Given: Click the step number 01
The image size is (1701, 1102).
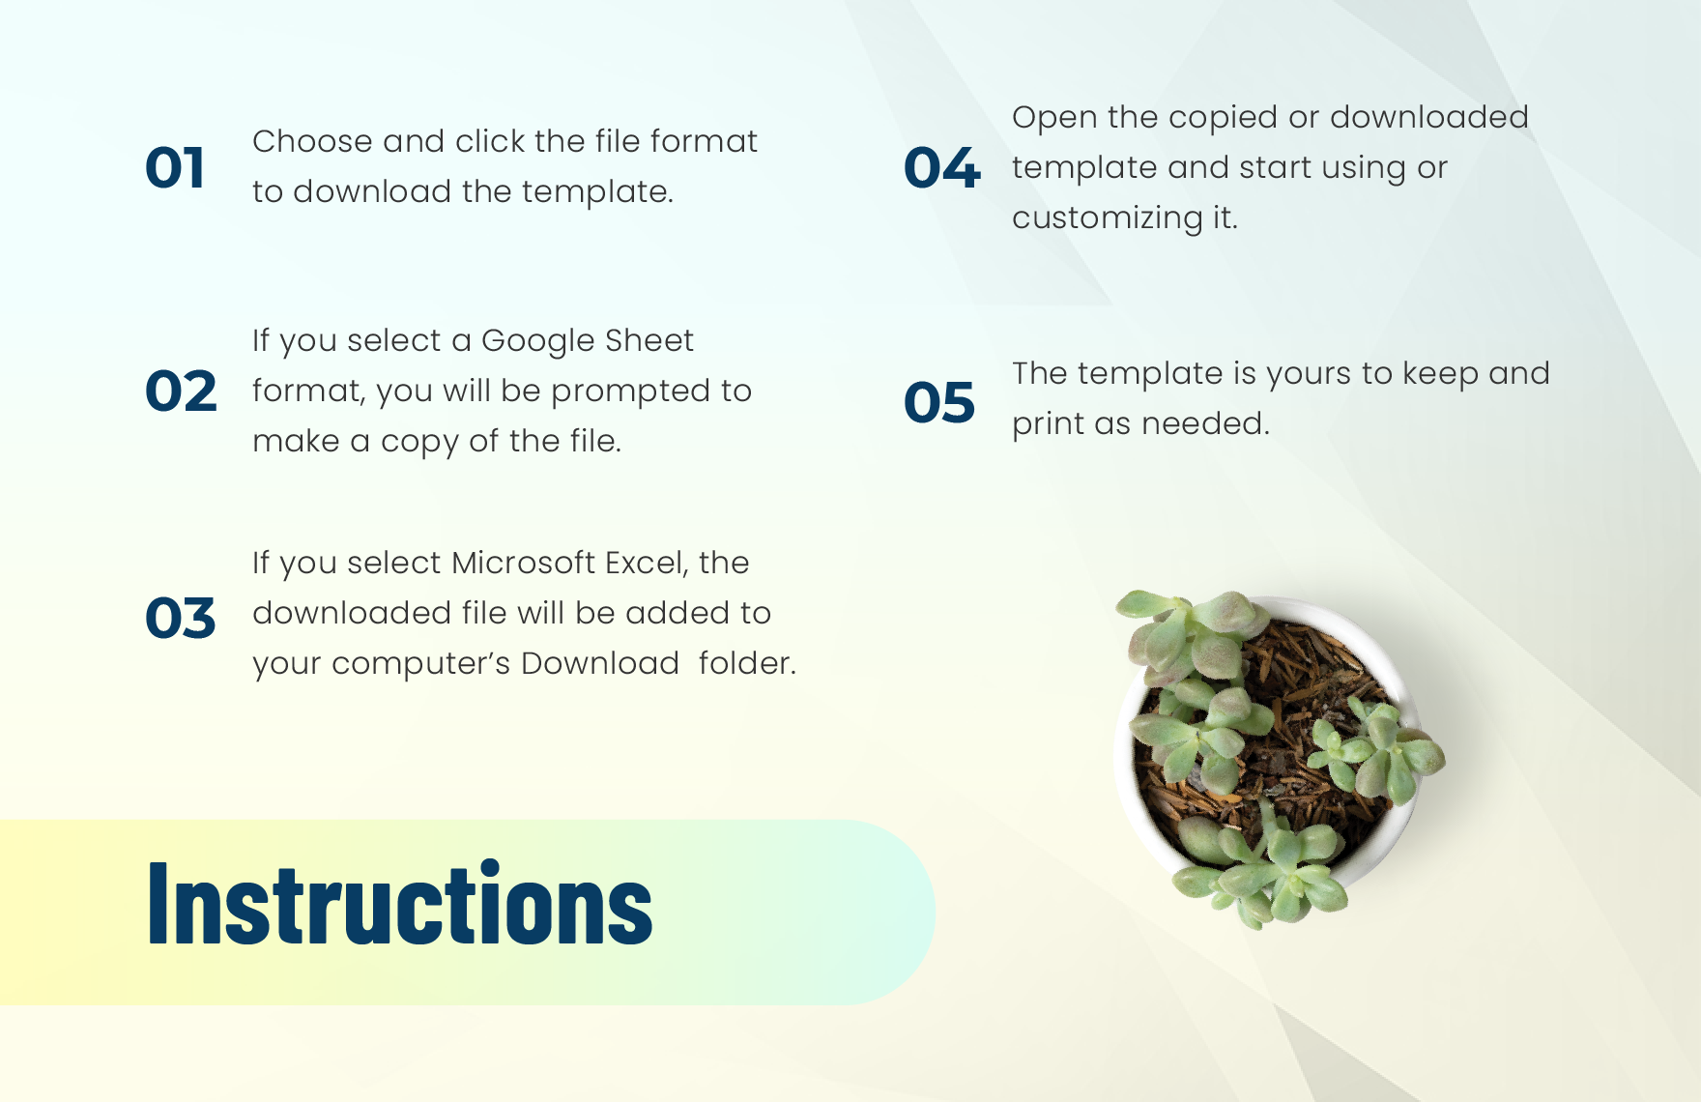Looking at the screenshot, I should point(175,168).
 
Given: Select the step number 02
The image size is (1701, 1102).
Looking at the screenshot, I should point(181,391).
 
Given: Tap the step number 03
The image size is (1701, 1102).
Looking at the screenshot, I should point(180,618).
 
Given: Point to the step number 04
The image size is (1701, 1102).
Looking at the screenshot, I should point(941,168).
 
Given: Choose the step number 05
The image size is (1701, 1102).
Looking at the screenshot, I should point(939,402).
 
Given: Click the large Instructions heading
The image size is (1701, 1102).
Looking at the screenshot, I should point(400,903).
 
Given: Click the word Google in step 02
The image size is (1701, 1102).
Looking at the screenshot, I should point(537,341).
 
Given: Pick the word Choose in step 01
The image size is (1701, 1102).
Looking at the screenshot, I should point(312,142).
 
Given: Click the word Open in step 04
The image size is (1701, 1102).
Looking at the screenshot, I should point(1054,118).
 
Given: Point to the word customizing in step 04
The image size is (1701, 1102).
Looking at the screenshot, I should point(1108,218).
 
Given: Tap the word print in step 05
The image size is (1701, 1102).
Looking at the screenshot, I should point(1048,424).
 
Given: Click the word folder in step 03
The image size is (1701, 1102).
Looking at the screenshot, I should point(746,663).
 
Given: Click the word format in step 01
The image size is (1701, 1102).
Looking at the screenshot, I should point(704,142).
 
